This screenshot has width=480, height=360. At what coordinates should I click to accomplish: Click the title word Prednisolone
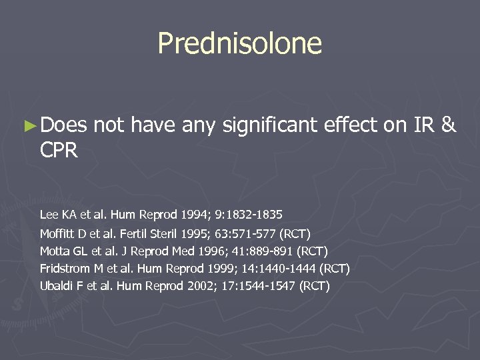tap(239, 43)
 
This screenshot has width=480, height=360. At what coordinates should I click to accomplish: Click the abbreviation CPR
tap(59, 151)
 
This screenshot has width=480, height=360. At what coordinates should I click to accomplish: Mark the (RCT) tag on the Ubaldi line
tap(315, 286)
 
